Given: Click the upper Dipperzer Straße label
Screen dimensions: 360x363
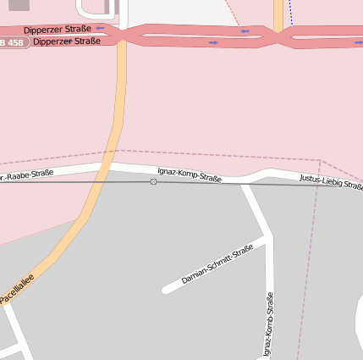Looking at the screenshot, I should pyautogui.click(x=58, y=29).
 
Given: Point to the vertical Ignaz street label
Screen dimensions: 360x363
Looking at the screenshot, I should pyautogui.click(x=268, y=325).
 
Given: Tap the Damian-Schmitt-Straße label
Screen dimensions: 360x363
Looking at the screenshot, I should pyautogui.click(x=217, y=264).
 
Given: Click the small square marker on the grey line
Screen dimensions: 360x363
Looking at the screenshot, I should pyautogui.click(x=153, y=182).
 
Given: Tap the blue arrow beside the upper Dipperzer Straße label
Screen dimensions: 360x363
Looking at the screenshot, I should pyautogui.click(x=101, y=28).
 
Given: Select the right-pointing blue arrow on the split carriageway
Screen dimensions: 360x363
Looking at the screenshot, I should pyautogui.click(x=212, y=41).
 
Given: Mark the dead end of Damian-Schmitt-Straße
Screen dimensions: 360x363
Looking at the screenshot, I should pyautogui.click(x=165, y=291).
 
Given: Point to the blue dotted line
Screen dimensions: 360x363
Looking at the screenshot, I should pyautogui.click(x=289, y=12).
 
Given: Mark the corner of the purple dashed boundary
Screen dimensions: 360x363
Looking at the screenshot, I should pyautogui.click(x=320, y=159).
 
